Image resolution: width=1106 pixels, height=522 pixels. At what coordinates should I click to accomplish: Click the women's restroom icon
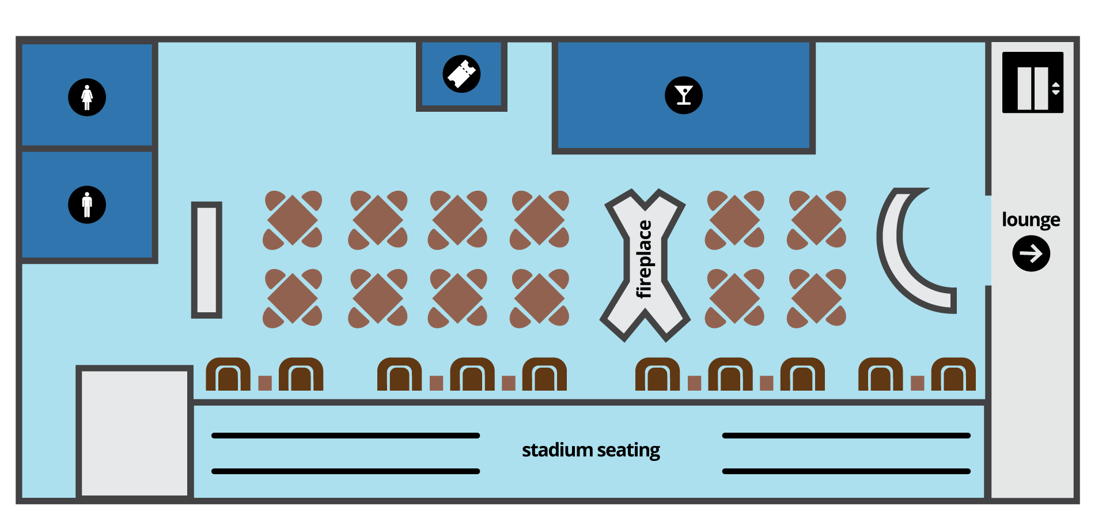(x=87, y=97)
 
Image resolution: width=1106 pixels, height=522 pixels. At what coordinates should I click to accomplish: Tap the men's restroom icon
(x=87, y=205)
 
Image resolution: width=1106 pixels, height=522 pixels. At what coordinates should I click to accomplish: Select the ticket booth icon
(x=461, y=74)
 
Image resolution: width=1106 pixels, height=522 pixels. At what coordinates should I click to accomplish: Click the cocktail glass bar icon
(x=684, y=95)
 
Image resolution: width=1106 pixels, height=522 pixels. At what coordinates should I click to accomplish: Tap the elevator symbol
(x=1032, y=82)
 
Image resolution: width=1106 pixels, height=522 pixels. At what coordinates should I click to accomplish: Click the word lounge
(x=1031, y=220)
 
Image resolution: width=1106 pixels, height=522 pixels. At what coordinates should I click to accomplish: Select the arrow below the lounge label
(x=1031, y=254)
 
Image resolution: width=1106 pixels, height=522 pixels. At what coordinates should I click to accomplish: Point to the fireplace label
(x=644, y=259)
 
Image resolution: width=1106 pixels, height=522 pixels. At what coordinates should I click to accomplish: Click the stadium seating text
(x=590, y=450)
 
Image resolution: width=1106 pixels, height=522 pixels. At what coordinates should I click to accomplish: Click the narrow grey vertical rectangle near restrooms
(x=206, y=260)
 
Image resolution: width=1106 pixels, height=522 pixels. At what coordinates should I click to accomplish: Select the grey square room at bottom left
(x=134, y=432)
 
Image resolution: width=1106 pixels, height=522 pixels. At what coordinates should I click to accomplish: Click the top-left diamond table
(x=293, y=220)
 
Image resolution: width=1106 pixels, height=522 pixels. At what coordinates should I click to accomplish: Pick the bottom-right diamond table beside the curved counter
(x=817, y=298)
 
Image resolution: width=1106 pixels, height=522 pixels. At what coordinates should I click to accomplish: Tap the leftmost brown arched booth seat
(x=228, y=375)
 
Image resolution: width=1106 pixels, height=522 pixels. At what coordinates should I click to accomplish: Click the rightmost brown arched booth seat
(x=953, y=375)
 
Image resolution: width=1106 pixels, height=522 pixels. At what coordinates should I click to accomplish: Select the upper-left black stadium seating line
(x=346, y=436)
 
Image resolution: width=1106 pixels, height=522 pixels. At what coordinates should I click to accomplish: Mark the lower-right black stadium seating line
(x=846, y=471)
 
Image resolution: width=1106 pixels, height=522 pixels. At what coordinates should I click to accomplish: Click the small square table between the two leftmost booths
(x=265, y=383)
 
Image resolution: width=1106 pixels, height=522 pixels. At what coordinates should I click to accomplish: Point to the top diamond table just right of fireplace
(x=734, y=220)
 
